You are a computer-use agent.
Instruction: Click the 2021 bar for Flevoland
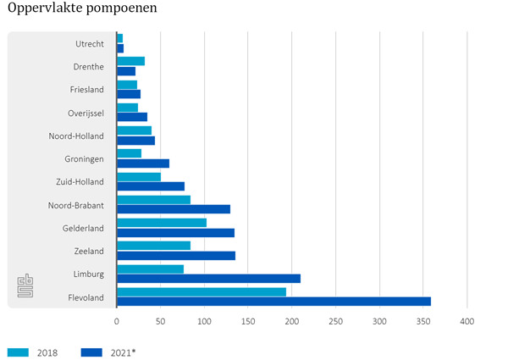coord(273,302)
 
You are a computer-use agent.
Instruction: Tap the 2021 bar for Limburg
coord(208,279)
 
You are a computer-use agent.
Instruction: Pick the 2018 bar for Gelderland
coord(162,223)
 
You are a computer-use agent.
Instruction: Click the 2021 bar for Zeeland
coord(176,255)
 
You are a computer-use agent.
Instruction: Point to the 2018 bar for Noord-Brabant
coord(153,200)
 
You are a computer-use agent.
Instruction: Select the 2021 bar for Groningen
coord(143,163)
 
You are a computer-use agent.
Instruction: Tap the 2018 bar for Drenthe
coord(130,61)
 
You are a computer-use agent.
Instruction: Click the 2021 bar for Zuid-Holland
coord(151,186)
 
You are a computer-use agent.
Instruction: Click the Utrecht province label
coord(89,43)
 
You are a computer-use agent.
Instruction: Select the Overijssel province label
coord(86,113)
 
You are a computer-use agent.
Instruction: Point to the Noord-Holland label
coord(76,136)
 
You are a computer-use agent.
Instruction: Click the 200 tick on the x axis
coord(292,322)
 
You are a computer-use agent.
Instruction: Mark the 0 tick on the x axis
coord(117,322)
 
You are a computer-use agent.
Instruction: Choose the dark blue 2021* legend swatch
coord(91,352)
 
